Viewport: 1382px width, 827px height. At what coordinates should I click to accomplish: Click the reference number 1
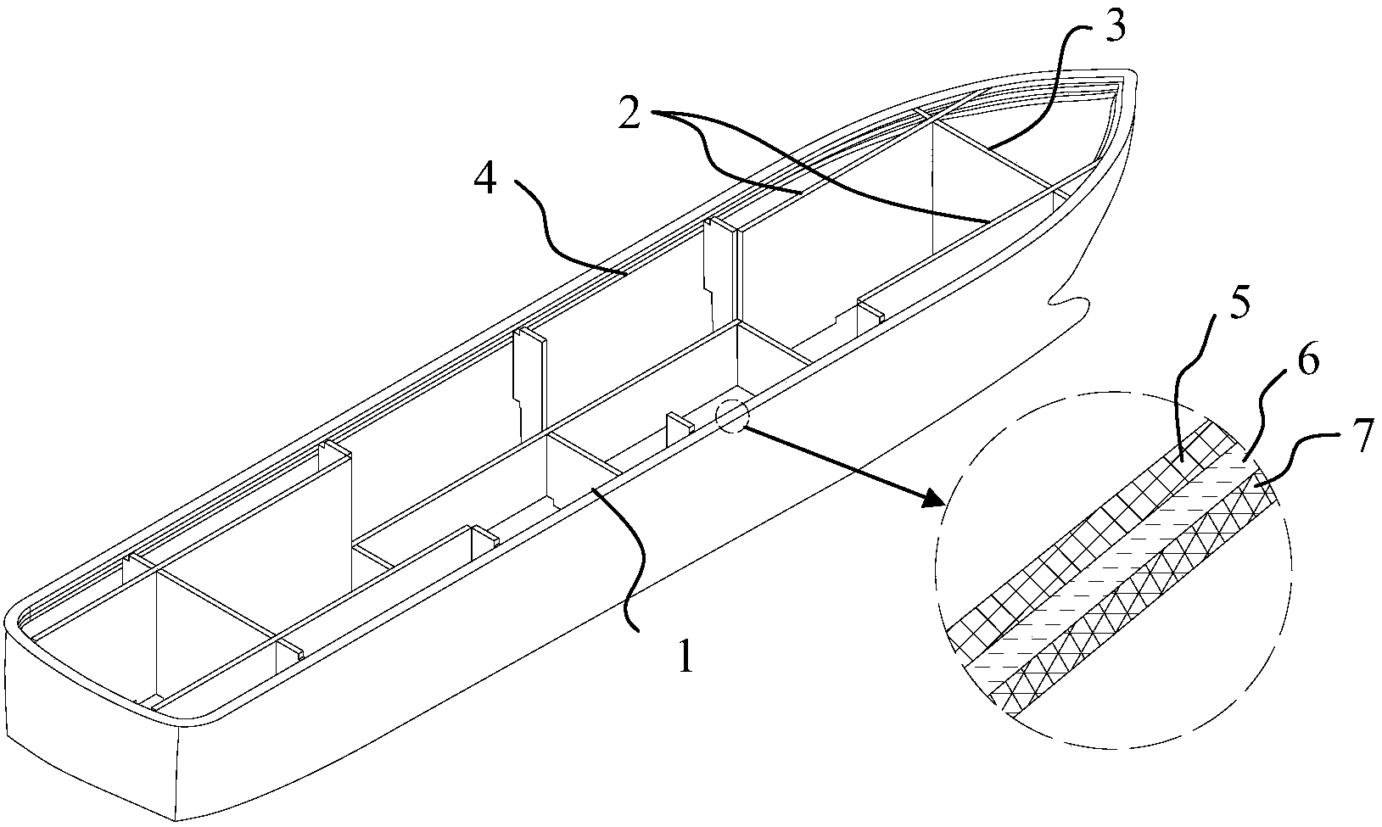coord(685,657)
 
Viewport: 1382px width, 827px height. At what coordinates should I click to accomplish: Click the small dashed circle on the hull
coord(732,416)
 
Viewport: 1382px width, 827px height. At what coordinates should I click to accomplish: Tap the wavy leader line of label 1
coord(636,560)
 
